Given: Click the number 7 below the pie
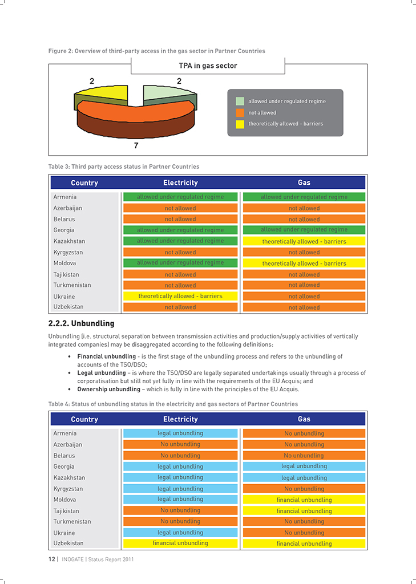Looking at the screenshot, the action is coord(136,145).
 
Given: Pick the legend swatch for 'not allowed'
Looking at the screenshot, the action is coord(240,112).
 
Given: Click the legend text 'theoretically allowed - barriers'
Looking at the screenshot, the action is coord(285,124).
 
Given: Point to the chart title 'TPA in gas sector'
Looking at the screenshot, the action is coord(208,66).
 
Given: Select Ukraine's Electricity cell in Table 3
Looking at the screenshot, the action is coord(180,297).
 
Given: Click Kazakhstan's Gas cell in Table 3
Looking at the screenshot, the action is coord(304,241).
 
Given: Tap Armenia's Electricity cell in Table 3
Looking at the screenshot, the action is coord(180,197).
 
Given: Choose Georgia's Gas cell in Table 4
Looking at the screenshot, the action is coord(304,467).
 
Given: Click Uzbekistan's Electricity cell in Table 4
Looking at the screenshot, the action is coord(180,544).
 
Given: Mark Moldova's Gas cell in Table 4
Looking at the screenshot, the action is coord(304,500).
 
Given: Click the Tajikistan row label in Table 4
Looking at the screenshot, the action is coord(66,511).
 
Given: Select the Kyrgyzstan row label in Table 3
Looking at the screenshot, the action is coord(68,252).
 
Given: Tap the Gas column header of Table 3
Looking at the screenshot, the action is coord(304,182).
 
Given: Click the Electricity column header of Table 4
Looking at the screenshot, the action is coord(180,419).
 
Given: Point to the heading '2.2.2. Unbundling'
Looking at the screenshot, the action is coord(81,323).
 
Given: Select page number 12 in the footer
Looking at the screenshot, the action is coord(52,559).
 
